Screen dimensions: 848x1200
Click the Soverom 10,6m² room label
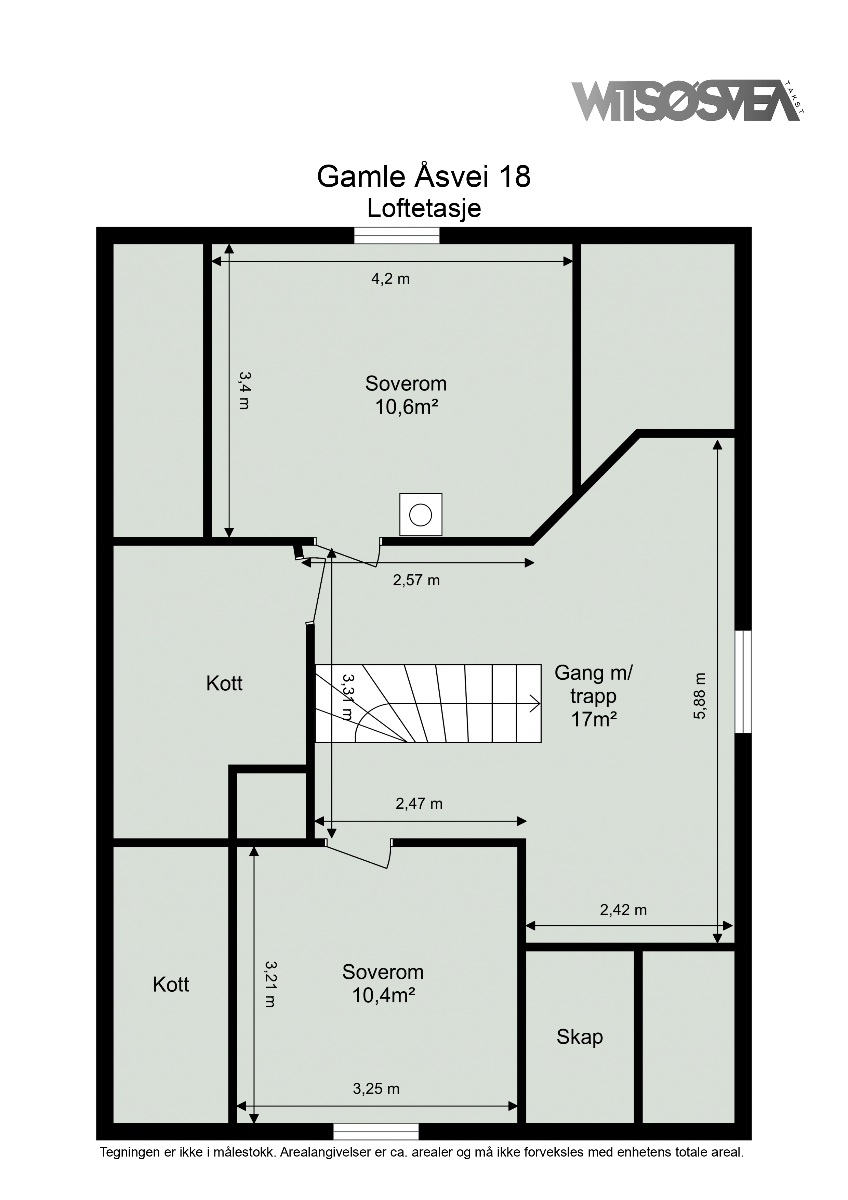click(x=406, y=395)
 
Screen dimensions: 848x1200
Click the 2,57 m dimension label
click(x=416, y=580)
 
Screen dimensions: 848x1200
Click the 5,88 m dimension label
click(x=700, y=696)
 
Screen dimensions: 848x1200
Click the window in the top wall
click(x=397, y=235)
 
